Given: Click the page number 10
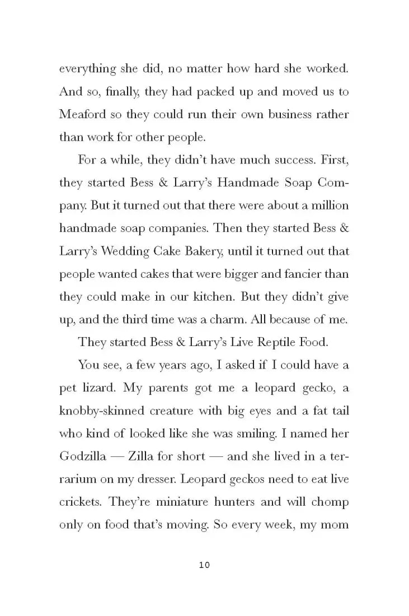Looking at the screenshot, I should pyautogui.click(x=204, y=566).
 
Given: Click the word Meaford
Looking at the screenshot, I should pyautogui.click(x=82, y=114).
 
